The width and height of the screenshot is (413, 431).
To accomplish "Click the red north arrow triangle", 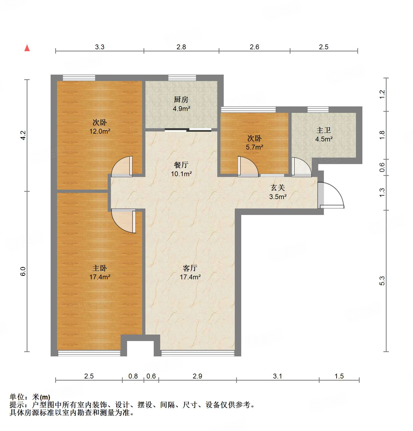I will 27,48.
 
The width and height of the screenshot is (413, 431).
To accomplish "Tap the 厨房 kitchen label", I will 181,100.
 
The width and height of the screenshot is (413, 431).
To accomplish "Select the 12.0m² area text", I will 100,131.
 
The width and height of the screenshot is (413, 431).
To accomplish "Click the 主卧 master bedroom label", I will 100,268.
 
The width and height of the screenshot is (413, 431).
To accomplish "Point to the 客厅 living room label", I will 190,268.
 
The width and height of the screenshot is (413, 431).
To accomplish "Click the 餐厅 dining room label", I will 181,165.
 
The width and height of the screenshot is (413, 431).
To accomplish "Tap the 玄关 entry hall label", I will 278,188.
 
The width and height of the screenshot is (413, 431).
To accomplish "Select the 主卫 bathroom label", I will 324,130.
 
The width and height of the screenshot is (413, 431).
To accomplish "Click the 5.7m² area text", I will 254,147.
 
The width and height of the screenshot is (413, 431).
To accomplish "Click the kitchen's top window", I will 182,78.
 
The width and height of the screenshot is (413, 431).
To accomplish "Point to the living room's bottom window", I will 198,353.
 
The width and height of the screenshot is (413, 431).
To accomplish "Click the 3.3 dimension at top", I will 100,47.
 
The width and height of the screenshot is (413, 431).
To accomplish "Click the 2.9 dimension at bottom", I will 197,376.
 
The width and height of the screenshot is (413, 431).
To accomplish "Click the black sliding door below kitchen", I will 188,130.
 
